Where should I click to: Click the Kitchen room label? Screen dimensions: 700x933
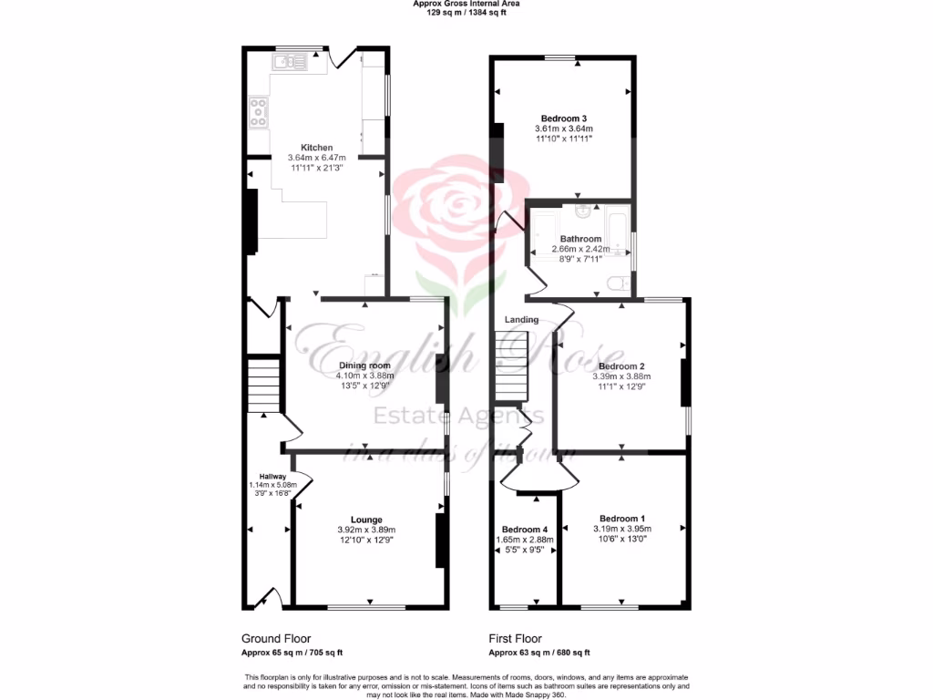click(x=317, y=148)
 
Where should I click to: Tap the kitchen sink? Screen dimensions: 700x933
click(x=292, y=62)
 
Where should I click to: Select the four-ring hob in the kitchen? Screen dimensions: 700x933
click(x=259, y=112)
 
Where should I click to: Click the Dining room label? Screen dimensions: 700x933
click(x=364, y=365)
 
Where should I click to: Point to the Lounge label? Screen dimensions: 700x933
click(x=367, y=520)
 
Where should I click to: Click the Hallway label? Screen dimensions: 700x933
click(x=272, y=477)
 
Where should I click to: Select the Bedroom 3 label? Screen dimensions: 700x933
click(x=563, y=118)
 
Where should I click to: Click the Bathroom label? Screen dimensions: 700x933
click(x=580, y=239)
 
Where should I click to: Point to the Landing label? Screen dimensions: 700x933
click(x=522, y=320)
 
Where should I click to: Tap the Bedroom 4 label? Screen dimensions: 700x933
click(x=525, y=530)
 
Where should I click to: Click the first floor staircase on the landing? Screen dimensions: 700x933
click(x=512, y=365)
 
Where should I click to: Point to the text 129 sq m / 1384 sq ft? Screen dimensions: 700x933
click(x=466, y=13)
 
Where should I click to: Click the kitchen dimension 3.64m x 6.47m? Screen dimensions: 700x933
click(x=317, y=158)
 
